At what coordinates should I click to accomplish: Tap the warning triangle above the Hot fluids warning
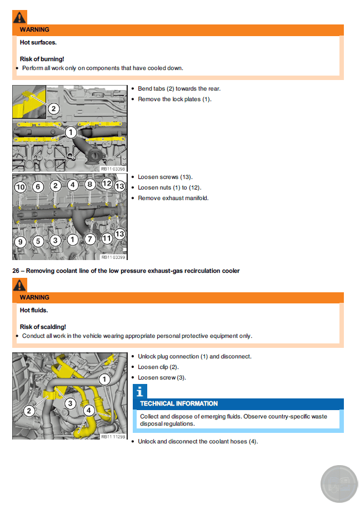[x=19, y=286]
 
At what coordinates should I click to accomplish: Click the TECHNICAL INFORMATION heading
[x=179, y=403]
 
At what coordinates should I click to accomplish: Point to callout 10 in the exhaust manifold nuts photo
[x=20, y=187]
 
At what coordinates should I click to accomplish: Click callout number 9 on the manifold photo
[x=20, y=242]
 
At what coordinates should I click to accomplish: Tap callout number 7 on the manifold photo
[x=90, y=239]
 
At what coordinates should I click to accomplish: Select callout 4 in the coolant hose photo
[x=88, y=411]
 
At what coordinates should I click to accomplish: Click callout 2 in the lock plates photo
[x=53, y=109]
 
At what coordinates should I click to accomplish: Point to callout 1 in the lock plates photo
[x=71, y=132]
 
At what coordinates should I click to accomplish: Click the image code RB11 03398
[x=113, y=169]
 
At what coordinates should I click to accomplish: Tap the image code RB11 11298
[x=113, y=437]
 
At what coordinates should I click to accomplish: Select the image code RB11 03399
[x=113, y=257]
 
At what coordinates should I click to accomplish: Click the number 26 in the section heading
[x=16, y=271]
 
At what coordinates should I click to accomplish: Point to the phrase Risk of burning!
[x=42, y=58]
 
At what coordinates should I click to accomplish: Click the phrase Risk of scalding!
[x=43, y=327]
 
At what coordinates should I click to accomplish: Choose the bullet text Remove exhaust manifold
[x=173, y=198]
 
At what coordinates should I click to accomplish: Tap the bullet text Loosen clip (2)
[x=158, y=367]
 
